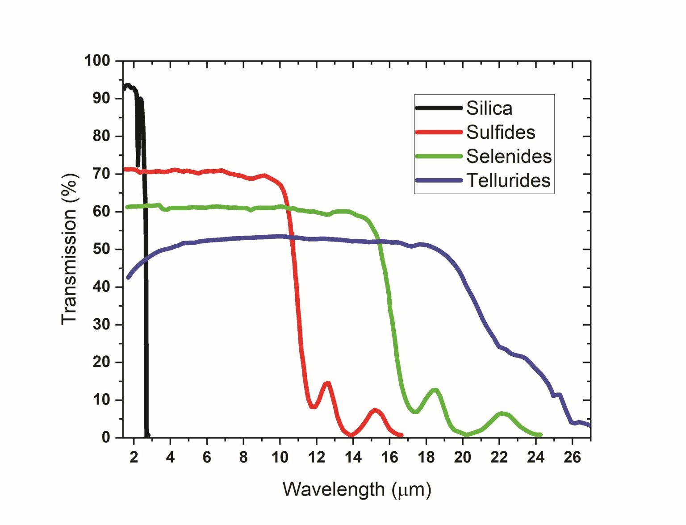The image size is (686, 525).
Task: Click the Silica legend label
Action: (489, 108)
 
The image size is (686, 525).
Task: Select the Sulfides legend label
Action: (501, 132)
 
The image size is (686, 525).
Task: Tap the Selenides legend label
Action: (509, 156)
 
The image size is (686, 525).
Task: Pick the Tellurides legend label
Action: (508, 180)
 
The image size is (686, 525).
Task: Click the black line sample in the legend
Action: (438, 108)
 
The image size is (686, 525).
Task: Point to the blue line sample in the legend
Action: (438, 180)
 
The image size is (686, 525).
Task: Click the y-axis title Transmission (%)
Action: (70, 249)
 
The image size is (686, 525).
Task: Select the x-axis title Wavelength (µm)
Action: (357, 489)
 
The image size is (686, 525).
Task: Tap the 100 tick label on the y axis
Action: (97, 61)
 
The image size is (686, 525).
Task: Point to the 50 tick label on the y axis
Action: (101, 249)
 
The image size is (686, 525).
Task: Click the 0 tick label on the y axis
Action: (106, 437)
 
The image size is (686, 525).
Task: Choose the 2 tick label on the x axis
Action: (134, 457)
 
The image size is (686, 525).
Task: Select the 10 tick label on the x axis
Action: (280, 457)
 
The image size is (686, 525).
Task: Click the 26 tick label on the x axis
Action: (572, 457)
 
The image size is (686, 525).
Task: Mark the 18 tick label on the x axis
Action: (426, 457)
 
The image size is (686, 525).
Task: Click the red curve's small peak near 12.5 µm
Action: (328, 383)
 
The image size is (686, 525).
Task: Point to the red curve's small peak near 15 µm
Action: (375, 410)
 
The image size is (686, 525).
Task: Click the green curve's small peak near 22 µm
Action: (502, 413)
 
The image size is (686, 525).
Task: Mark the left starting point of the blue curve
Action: (129, 277)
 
